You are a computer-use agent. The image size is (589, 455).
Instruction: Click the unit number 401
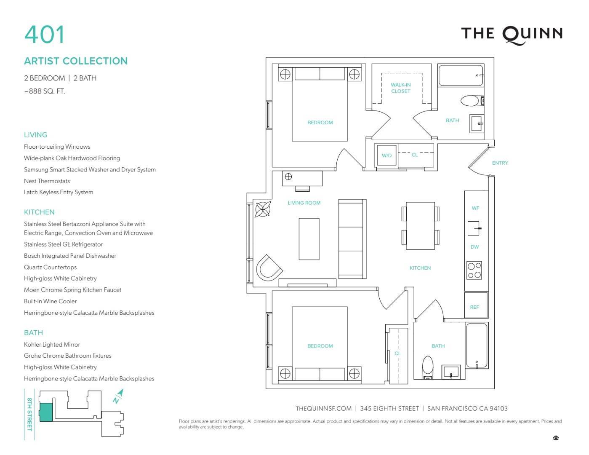(44, 34)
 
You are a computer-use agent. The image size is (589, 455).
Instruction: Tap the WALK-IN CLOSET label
(400, 88)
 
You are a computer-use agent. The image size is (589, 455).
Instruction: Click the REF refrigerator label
(474, 307)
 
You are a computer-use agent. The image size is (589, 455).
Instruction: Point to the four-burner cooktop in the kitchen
(474, 270)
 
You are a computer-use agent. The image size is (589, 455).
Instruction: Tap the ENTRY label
(500, 163)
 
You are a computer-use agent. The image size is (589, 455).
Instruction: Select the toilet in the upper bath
(472, 101)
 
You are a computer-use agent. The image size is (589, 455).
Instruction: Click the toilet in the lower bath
(428, 367)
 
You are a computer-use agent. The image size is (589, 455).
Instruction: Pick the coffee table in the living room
(309, 239)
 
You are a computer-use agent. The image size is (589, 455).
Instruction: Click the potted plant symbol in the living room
(263, 209)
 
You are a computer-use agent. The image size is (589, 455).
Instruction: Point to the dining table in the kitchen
(420, 225)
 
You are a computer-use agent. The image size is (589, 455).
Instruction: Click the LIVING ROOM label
(304, 203)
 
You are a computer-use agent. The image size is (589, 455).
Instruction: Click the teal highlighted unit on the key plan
(46, 412)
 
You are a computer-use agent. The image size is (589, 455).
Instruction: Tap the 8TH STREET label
(29, 414)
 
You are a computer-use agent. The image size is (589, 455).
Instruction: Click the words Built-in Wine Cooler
(50, 301)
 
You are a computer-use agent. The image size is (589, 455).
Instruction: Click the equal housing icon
(556, 438)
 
